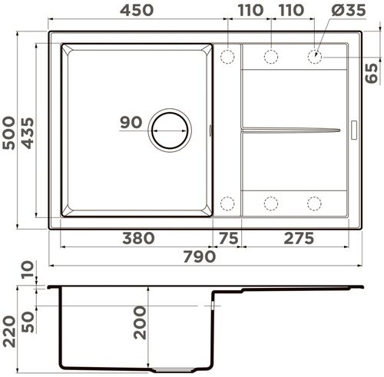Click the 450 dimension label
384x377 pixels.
[136, 10]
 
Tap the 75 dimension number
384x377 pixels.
[228, 238]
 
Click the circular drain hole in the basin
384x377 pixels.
[169, 129]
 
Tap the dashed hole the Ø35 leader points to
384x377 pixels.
[314, 56]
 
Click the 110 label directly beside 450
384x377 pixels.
[248, 10]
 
